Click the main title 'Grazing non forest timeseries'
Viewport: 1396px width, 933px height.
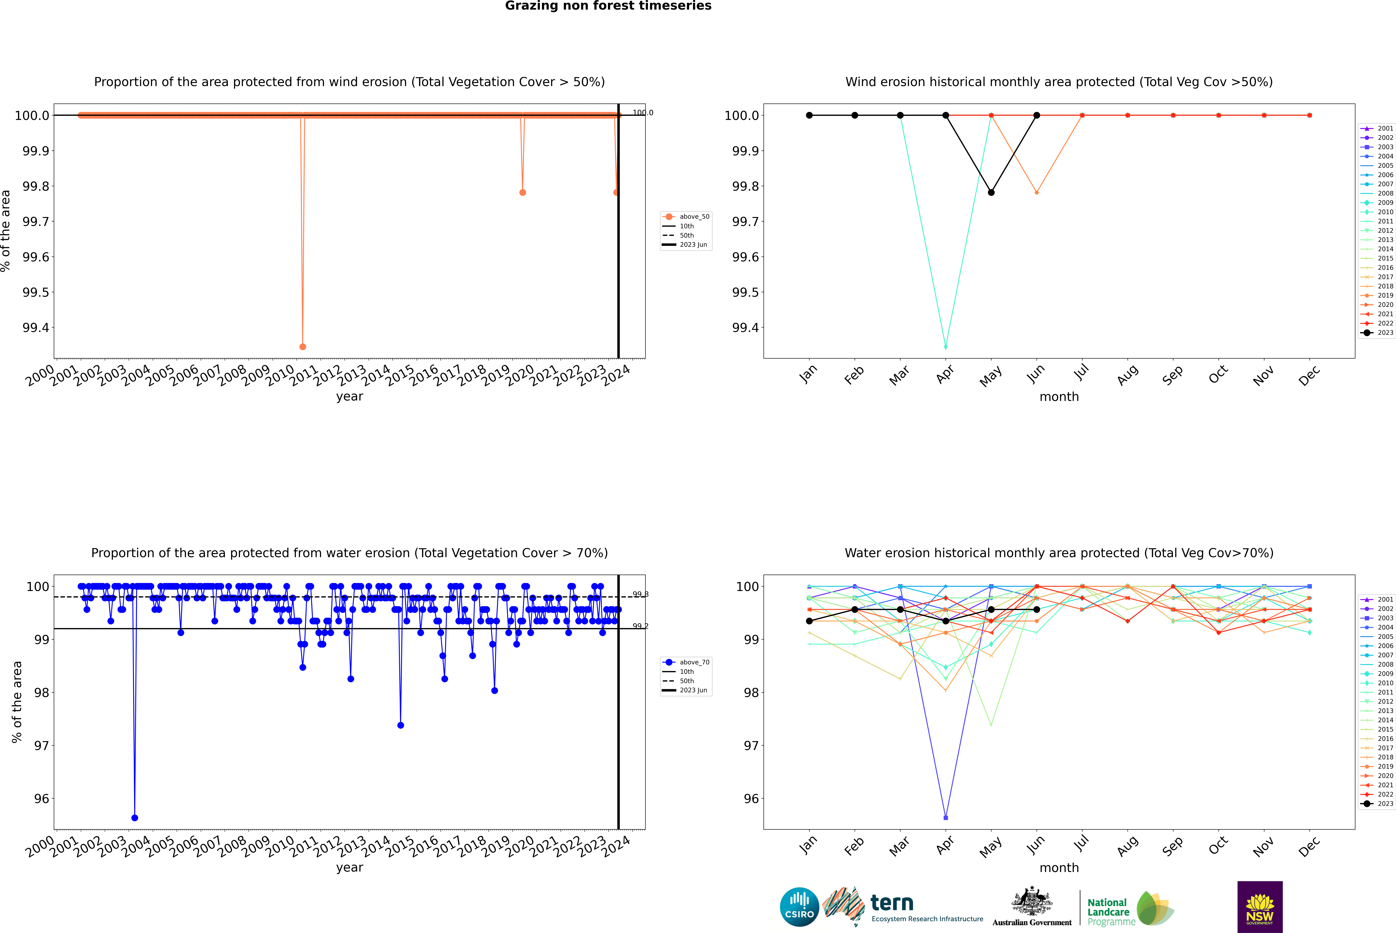click(608, 6)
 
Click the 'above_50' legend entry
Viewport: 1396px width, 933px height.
click(694, 217)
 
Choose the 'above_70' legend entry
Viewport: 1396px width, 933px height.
click(694, 662)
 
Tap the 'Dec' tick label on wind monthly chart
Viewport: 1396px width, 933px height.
click(1309, 376)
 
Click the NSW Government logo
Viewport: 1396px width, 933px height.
click(1260, 907)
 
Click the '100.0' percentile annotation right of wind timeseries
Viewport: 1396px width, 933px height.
click(643, 113)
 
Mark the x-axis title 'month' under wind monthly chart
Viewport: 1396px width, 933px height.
click(1059, 397)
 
